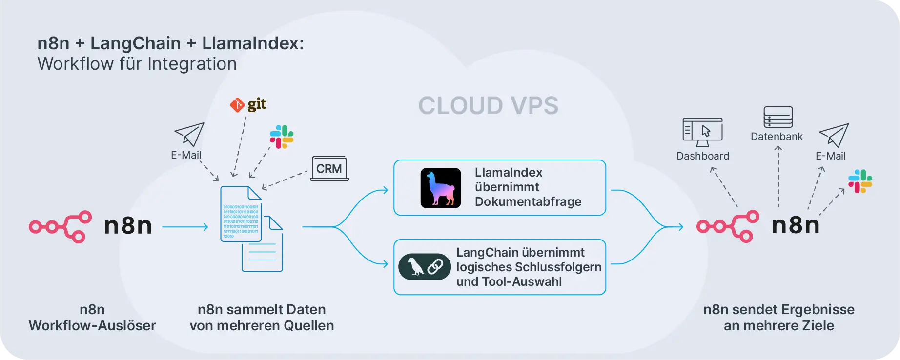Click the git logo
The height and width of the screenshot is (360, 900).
pos(248,104)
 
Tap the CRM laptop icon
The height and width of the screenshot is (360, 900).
pos(329,169)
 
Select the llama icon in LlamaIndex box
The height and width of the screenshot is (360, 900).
pos(441,188)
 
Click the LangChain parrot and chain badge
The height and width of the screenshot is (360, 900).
pos(425,267)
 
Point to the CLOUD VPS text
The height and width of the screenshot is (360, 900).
pos(488,106)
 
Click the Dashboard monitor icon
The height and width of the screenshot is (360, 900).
pos(702,132)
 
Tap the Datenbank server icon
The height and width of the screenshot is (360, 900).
pos(778,117)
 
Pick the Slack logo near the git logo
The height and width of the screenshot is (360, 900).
pos(282,137)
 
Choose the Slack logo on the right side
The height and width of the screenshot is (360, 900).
pos(860,181)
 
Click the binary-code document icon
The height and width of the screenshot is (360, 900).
pos(241,214)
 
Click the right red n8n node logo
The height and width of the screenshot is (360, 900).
pos(728,226)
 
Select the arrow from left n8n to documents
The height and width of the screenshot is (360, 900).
pos(185,227)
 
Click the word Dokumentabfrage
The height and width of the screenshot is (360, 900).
pos(528,202)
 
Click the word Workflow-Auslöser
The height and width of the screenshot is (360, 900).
pos(92,326)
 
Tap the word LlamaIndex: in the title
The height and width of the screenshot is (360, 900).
pos(253,43)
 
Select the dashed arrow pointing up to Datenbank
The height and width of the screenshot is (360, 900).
pos(778,176)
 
